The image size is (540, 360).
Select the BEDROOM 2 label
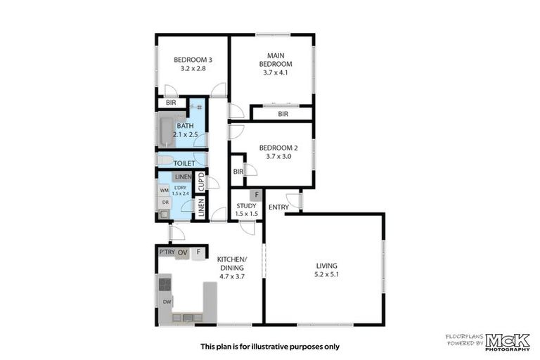[x=275, y=148]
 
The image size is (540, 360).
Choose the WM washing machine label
[x=164, y=190]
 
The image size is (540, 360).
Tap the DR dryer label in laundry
[x=165, y=202]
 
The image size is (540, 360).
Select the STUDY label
[x=246, y=206]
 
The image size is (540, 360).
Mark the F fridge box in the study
[x=257, y=195]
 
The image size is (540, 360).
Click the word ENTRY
[x=278, y=207]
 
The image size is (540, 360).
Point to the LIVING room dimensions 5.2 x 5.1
[x=328, y=275]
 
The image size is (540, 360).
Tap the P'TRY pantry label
[x=167, y=252]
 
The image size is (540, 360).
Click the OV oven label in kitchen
[x=182, y=252]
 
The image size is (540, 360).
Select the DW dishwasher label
[x=167, y=302]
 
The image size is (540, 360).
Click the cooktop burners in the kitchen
[x=166, y=284]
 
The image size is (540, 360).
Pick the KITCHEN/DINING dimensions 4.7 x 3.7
[x=231, y=277]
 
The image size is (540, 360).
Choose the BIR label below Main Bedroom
[x=283, y=114]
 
